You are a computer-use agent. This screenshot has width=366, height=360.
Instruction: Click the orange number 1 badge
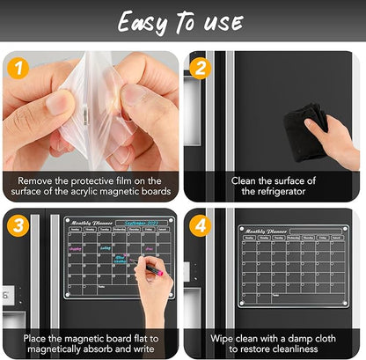[17, 66]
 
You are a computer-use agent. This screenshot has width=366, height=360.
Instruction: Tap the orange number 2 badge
[200, 66]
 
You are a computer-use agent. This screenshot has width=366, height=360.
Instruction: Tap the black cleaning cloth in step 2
[313, 119]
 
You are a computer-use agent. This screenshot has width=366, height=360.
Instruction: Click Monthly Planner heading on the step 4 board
[265, 231]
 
